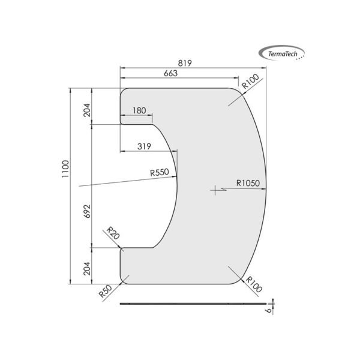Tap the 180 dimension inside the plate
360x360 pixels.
(x=139, y=110)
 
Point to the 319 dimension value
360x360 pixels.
(x=144, y=145)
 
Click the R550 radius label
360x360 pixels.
(x=161, y=173)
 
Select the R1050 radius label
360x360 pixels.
(x=247, y=184)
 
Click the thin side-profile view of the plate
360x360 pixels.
(x=192, y=304)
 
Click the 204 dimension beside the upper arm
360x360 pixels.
(x=87, y=109)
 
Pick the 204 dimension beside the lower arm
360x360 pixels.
(x=87, y=267)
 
